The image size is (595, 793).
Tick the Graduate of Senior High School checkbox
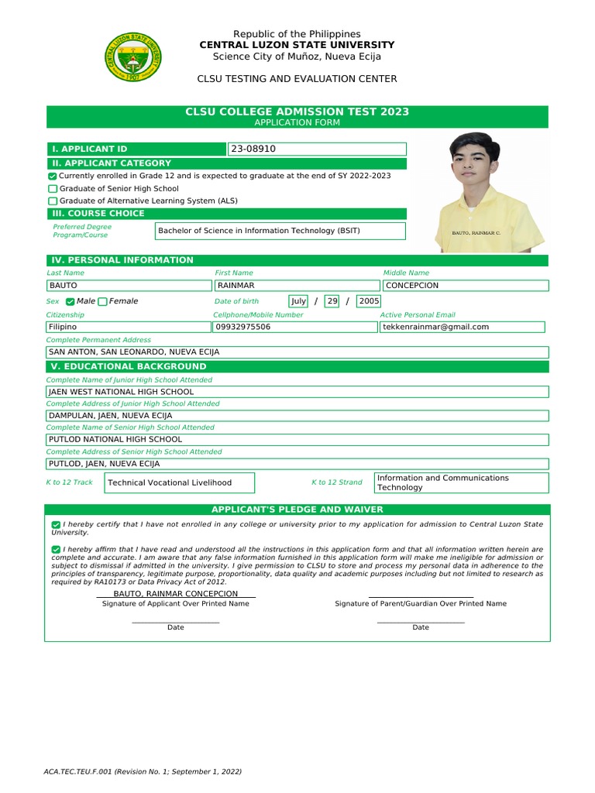click(53, 189)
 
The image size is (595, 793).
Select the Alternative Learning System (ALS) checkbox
click(53, 201)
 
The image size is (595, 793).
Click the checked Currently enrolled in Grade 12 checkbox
click(53, 177)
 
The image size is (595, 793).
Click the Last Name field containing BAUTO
click(127, 286)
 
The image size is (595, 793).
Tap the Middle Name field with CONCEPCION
click(465, 286)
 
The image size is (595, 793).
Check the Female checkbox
click(103, 301)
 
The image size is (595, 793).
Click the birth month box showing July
click(298, 301)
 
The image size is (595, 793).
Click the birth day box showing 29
click(332, 301)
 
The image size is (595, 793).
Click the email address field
click(462, 328)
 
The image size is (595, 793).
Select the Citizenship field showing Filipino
click(127, 328)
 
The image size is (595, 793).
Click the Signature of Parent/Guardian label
click(421, 603)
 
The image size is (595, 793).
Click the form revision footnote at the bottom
click(143, 772)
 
